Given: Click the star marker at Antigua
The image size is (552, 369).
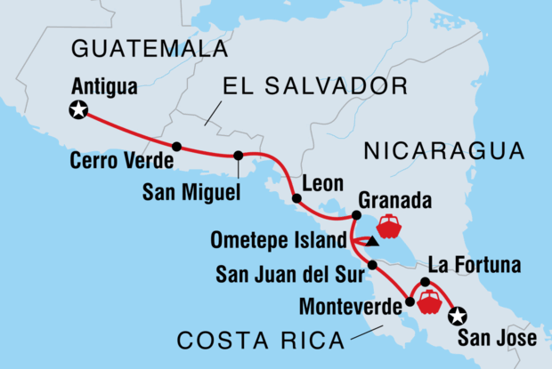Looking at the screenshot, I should coord(79,110).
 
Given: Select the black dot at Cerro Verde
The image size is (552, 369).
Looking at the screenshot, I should coord(177,147).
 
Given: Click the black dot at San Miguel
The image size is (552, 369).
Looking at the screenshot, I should coord(239,156).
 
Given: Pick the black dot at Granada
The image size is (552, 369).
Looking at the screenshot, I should coord(355,215).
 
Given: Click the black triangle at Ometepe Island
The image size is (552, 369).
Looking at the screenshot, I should coord(373,241).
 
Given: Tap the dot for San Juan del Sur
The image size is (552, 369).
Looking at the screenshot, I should coord(373,264).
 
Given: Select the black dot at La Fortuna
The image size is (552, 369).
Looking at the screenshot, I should coord(426,283).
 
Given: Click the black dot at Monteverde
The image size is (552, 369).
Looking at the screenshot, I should coord(410,301).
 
